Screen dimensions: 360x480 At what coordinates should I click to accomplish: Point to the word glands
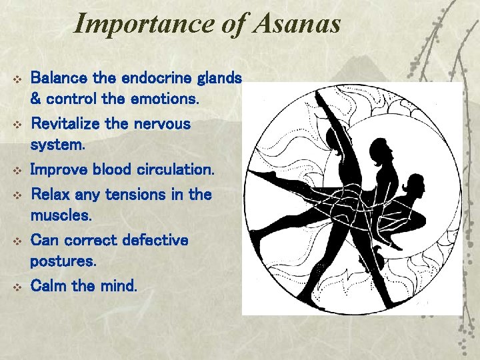[x=221, y=78]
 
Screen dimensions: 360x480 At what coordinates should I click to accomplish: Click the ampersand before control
[x=36, y=100]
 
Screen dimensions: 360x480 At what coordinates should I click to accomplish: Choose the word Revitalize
[x=70, y=124]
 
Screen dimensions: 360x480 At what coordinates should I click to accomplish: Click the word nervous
[x=163, y=124]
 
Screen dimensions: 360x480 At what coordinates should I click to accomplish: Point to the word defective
[x=157, y=239]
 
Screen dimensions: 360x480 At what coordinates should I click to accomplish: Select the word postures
[x=63, y=262]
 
